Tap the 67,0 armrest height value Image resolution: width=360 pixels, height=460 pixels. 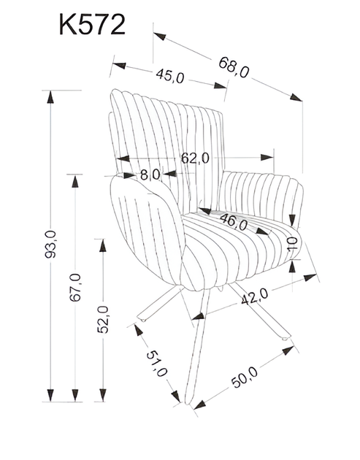coord(76,285)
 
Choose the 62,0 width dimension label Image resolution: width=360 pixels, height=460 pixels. coord(196,157)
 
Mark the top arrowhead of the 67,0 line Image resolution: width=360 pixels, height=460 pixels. coord(76,177)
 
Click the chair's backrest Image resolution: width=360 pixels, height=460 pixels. coord(164,131)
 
